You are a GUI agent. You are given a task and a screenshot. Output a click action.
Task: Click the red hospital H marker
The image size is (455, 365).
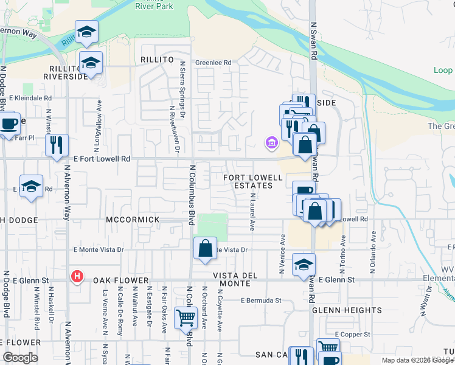77,277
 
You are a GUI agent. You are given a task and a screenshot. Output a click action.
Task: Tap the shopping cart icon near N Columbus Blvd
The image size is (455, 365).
185,318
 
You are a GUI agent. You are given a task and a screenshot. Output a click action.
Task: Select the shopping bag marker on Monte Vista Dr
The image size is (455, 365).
205,248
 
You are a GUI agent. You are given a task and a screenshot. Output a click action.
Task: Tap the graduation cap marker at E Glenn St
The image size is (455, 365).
304,265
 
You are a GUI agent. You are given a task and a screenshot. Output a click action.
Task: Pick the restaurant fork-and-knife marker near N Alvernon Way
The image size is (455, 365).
57,145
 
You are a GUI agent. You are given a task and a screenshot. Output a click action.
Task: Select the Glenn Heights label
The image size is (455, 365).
347,310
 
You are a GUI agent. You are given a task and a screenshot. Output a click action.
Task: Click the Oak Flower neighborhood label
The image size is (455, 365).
121,280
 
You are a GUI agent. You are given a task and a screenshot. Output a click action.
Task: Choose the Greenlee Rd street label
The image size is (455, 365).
213,63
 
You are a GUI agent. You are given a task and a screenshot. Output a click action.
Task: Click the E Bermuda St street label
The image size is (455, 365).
261,300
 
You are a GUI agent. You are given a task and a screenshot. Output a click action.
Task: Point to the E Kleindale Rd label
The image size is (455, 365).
30,97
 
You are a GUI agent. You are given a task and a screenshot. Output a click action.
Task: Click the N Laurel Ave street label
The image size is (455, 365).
252,212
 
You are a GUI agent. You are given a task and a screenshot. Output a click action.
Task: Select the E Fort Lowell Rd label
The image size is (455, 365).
102,159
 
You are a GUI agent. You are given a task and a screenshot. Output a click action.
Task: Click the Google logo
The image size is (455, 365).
20,358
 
